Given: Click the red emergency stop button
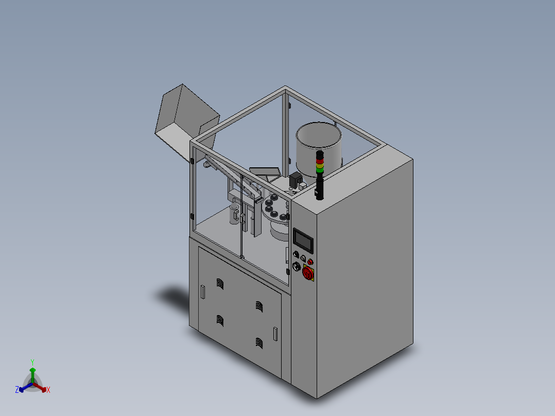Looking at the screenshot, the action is pos(308,272).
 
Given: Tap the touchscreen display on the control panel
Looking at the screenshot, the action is pos(303,241).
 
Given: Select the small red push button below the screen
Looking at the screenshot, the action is pos(310,262).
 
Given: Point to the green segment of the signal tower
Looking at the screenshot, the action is pos(320,170).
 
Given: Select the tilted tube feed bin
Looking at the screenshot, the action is pos(186,122).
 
